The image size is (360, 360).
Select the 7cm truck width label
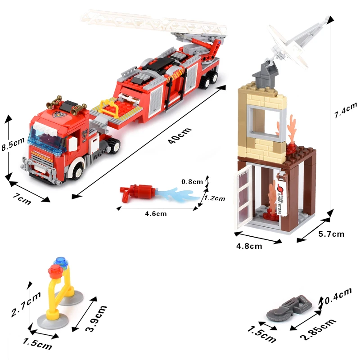[x=22, y=199]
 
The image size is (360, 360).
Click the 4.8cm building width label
[x=249, y=246]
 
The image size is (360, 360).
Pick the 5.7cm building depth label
[x=331, y=234]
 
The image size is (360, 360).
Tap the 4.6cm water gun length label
[x=156, y=214]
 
